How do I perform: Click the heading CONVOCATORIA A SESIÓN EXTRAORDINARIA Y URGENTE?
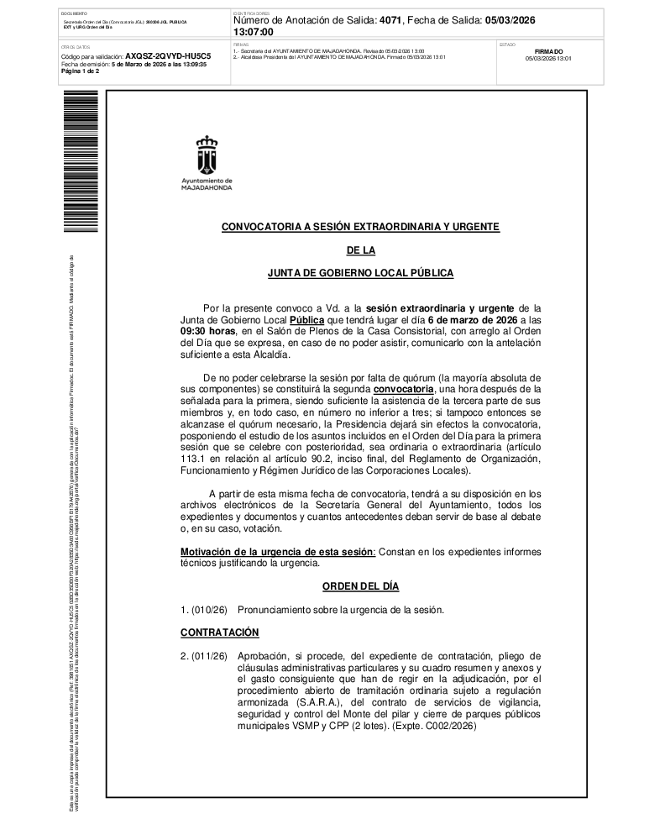click(360, 227)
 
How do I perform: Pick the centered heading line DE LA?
click(360, 250)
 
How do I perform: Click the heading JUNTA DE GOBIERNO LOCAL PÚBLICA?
click(360, 273)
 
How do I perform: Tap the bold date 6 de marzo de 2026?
click(471, 320)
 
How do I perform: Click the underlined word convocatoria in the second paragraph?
click(403, 390)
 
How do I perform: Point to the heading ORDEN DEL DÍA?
click(360, 585)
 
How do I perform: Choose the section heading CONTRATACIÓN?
click(220, 632)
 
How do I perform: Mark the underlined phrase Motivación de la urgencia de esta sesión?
click(277, 551)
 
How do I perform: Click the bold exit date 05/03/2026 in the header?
click(511, 19)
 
